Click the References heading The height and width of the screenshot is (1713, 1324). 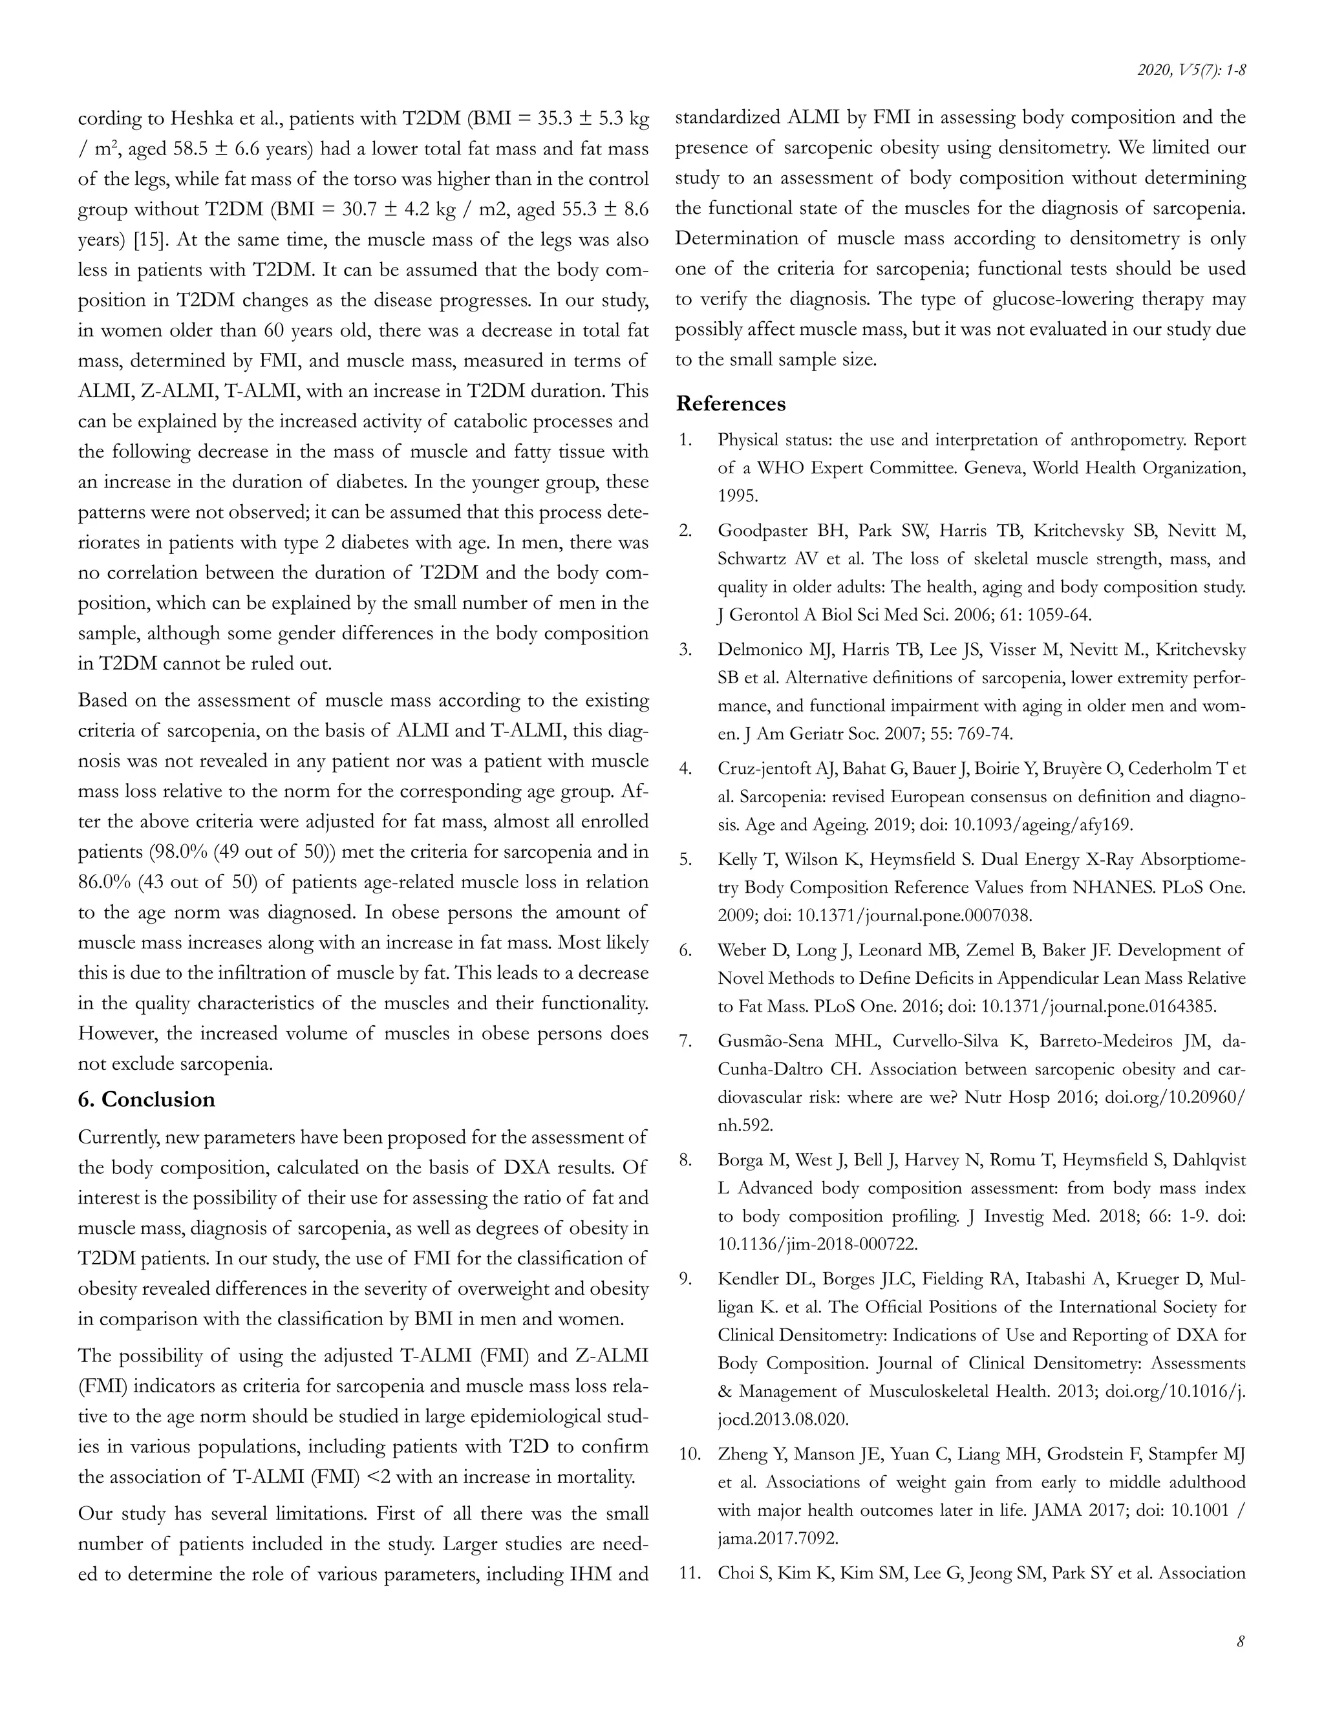[731, 404]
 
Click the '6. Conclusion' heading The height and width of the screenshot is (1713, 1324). [146, 1100]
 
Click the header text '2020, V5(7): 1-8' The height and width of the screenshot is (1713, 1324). [1191, 70]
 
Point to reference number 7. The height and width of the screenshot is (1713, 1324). [685, 1041]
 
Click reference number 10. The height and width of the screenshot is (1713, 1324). [689, 1454]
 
